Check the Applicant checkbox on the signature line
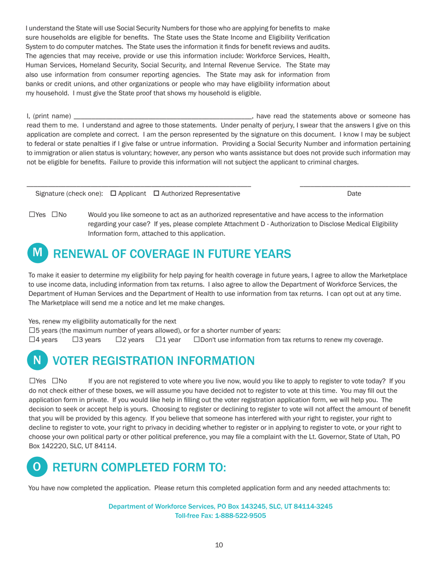113,194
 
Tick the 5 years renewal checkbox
32,331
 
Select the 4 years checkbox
32,340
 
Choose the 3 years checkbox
75,340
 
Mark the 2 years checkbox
118,340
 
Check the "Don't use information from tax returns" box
197,340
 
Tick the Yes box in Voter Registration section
32,382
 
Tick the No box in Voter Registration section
55,382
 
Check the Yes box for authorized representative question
32,215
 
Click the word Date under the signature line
354,194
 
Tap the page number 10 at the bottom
218,545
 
